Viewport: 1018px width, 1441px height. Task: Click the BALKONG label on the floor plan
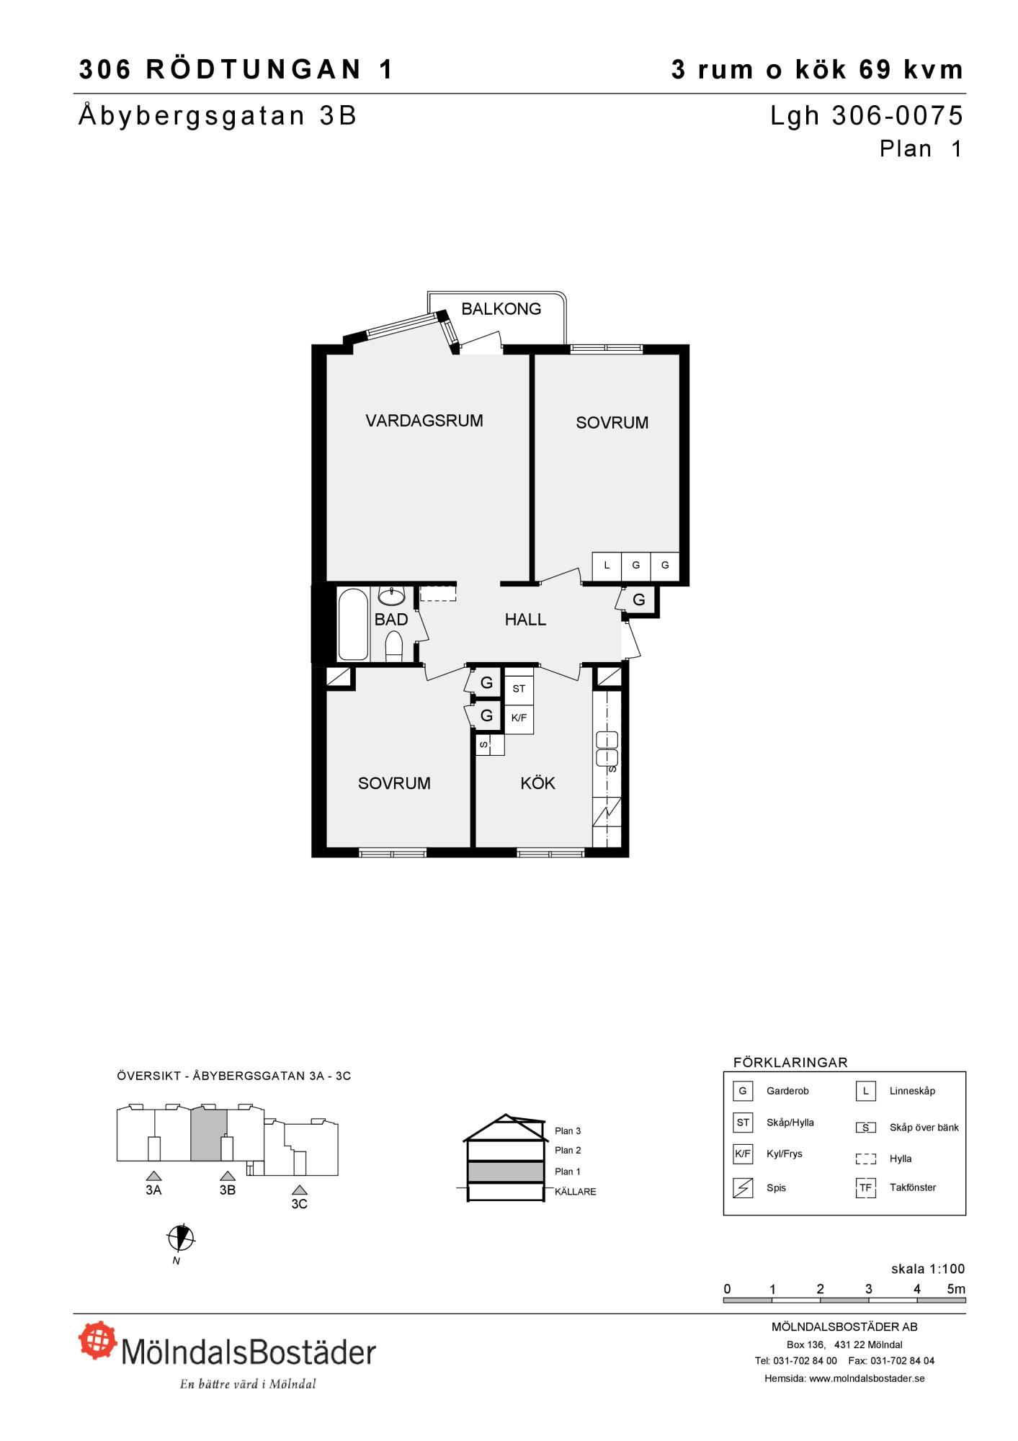click(x=501, y=309)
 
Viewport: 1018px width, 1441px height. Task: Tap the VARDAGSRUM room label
click(x=424, y=421)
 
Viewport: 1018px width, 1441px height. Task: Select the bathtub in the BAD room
click(x=353, y=624)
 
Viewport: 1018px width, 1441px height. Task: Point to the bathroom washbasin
click(x=392, y=596)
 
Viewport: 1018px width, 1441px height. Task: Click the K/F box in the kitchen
click(x=519, y=718)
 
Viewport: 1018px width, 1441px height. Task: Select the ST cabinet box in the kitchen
click(x=519, y=689)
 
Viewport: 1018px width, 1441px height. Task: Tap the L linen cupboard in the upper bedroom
click(x=607, y=566)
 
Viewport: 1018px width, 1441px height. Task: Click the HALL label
click(x=525, y=620)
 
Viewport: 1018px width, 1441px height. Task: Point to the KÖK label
click(x=537, y=783)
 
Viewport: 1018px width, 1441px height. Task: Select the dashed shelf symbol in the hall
click(x=438, y=593)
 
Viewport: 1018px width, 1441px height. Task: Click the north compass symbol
click(x=181, y=1238)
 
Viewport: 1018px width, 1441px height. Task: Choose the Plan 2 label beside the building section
click(x=568, y=1151)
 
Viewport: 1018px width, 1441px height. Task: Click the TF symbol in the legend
click(x=865, y=1187)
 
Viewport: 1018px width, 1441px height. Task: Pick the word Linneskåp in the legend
click(x=912, y=1091)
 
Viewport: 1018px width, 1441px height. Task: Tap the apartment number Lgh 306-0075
click(x=867, y=116)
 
